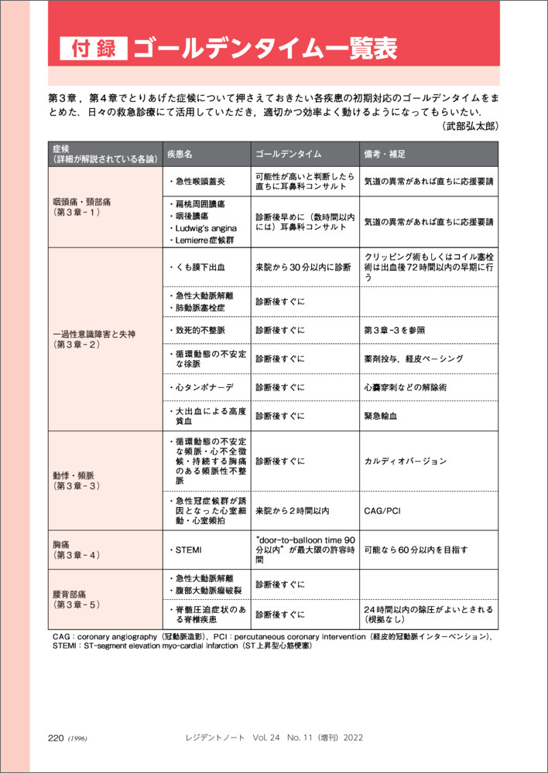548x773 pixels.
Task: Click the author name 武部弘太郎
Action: (471, 125)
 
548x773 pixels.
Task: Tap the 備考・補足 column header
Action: (385, 154)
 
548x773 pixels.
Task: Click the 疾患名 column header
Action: (184, 154)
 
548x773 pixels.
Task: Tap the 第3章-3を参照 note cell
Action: (394, 330)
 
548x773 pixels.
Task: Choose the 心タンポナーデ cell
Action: (200, 386)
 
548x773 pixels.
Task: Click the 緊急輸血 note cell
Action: (380, 415)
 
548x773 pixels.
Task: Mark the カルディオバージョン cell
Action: (405, 461)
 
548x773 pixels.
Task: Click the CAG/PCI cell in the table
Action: (383, 510)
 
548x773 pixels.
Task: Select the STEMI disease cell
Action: (187, 549)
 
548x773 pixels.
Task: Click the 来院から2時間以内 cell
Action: (293, 510)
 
